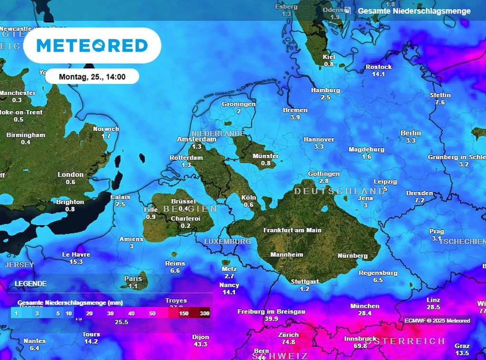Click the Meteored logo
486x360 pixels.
[x=92, y=46]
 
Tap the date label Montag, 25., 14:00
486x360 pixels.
[x=92, y=76]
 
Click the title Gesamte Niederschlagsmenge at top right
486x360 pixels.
[x=414, y=10]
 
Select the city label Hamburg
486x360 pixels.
[x=326, y=90]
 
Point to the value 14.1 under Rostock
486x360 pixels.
[x=378, y=75]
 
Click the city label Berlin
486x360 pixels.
[x=411, y=133]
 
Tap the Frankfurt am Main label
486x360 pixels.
[x=292, y=230]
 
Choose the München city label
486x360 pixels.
[x=364, y=306]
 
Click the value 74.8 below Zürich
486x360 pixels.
[x=288, y=342]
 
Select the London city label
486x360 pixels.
[x=70, y=175]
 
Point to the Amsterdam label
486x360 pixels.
[x=196, y=140]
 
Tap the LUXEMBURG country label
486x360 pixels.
[x=227, y=242]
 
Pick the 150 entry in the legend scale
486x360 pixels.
[x=185, y=313]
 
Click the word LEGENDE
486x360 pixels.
[x=31, y=284]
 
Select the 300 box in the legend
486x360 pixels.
[x=205, y=313]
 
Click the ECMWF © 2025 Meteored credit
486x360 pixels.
[x=437, y=321]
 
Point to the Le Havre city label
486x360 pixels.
[x=76, y=255]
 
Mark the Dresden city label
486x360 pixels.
[x=420, y=193]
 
